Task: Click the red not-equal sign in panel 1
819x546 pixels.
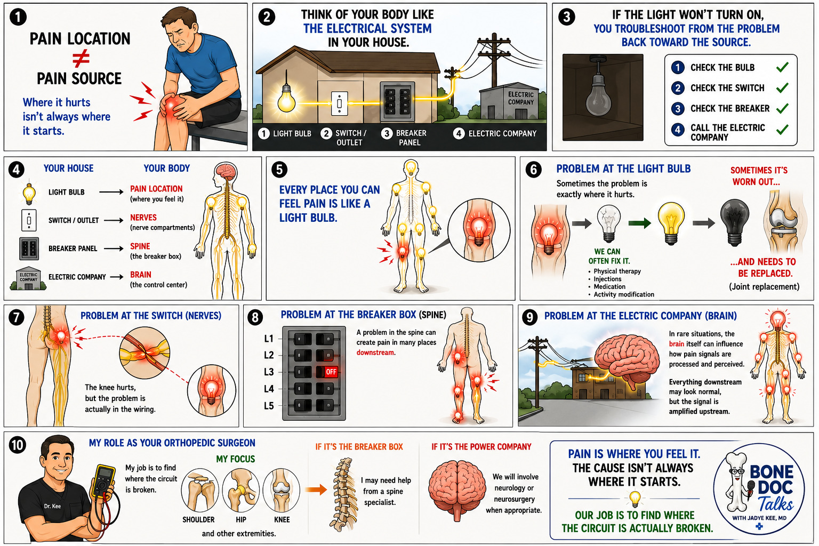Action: click(x=81, y=59)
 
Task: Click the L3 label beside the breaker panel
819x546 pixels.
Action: click(x=269, y=372)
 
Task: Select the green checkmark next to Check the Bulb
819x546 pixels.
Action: click(x=782, y=67)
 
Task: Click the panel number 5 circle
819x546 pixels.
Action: click(x=279, y=170)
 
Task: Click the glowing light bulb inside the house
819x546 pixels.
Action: click(x=286, y=99)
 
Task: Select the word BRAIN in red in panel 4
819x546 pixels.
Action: click(x=141, y=275)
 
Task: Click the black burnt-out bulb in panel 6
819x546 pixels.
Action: click(x=735, y=222)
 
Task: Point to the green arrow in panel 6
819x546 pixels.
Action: click(x=639, y=223)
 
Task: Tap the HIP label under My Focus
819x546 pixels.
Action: click(x=241, y=519)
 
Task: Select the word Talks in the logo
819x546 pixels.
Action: click(x=775, y=504)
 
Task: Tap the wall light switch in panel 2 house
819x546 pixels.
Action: click(x=339, y=103)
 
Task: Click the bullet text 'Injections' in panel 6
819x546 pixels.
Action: click(x=607, y=279)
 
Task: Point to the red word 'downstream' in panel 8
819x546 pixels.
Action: click(x=375, y=352)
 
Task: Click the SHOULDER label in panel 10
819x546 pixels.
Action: click(x=198, y=519)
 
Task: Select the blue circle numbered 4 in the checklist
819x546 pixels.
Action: click(x=678, y=129)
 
